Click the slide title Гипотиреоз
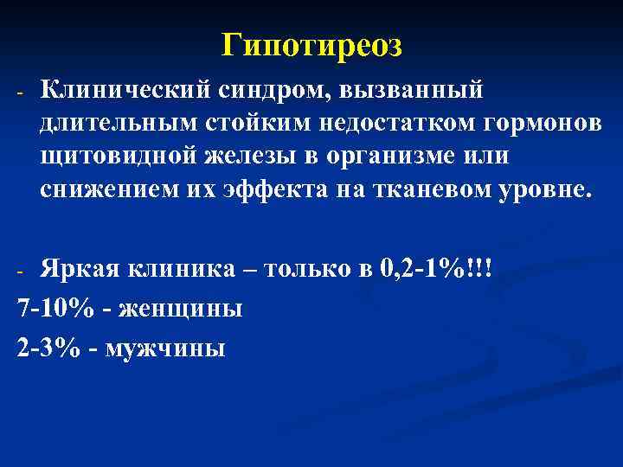(x=311, y=44)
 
